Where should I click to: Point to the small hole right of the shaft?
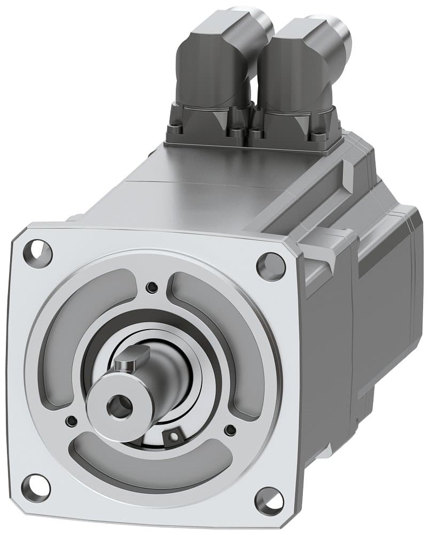230,430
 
